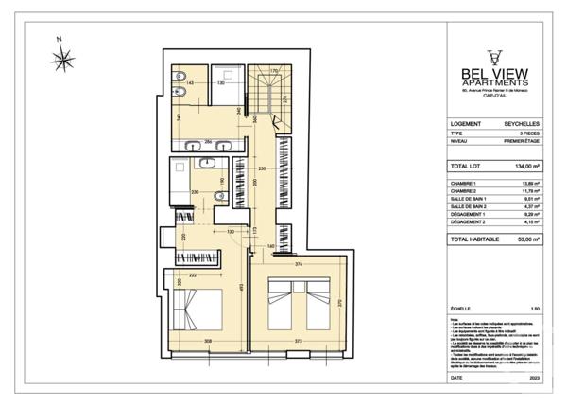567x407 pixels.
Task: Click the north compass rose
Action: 64,59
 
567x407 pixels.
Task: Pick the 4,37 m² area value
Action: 529,206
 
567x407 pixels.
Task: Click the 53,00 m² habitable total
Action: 526,240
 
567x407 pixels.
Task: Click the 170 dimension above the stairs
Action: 275,72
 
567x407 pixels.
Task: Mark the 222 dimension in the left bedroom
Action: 193,274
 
